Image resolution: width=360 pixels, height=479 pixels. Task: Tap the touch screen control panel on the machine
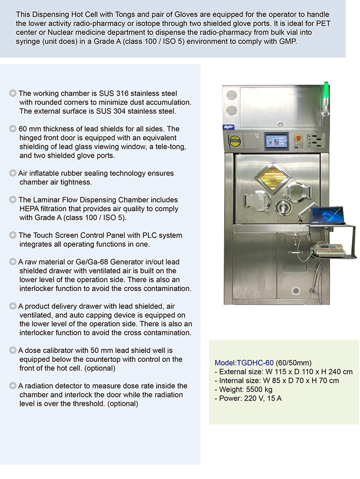coord(276,141)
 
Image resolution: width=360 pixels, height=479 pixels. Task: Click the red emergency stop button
coord(298,138)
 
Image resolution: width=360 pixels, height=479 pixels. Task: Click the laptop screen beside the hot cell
coord(328,215)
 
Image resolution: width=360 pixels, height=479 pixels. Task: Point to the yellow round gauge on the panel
coord(235,141)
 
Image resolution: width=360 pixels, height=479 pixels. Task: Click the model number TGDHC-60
coord(244,363)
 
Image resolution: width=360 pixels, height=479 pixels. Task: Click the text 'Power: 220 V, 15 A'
coord(248,398)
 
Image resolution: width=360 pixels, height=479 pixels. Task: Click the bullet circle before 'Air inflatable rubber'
coord(13,173)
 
